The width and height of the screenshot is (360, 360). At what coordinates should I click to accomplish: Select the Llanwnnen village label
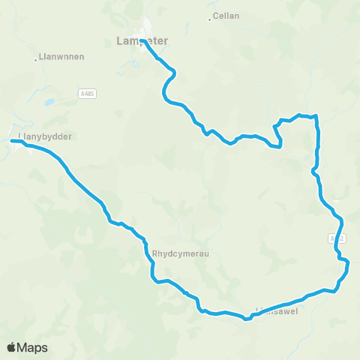point(60,56)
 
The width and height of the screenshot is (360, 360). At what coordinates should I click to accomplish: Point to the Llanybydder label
point(43,136)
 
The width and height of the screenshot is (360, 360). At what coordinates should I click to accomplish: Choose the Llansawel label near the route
point(277,310)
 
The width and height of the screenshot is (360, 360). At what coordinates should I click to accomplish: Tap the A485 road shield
point(88,92)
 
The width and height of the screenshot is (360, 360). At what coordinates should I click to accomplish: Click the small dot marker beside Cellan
point(209,17)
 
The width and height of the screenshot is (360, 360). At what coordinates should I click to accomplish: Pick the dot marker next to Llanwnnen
point(37,59)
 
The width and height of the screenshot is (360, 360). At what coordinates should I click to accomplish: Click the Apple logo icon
point(12,347)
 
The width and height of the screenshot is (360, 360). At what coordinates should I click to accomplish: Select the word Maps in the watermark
point(33,347)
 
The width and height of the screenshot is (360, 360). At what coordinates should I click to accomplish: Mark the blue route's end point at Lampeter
point(142,40)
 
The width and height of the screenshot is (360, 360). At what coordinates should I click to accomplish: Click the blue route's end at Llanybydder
point(13,140)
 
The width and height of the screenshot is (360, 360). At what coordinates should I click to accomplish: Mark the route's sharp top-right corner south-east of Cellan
point(317,116)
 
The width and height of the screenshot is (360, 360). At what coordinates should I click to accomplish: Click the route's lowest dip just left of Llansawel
point(245,319)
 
